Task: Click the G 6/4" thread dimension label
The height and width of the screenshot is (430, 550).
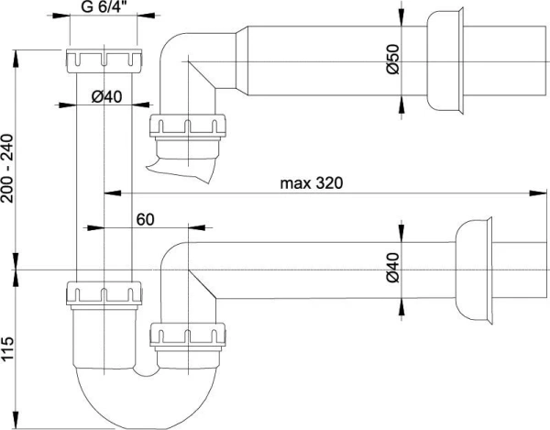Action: [104, 6]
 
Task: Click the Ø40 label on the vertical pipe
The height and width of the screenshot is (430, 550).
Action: [107, 97]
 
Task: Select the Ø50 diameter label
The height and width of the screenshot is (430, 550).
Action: [393, 59]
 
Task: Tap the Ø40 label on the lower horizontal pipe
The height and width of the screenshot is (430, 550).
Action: [393, 268]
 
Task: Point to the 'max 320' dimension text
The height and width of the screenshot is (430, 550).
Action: [312, 183]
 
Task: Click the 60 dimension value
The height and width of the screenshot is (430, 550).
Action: [145, 219]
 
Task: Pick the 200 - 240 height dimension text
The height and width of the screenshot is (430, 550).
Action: [7, 169]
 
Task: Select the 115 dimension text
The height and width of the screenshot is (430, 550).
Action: [7, 348]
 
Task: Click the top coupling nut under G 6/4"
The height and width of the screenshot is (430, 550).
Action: [104, 61]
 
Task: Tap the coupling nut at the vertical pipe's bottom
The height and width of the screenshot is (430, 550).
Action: [104, 293]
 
